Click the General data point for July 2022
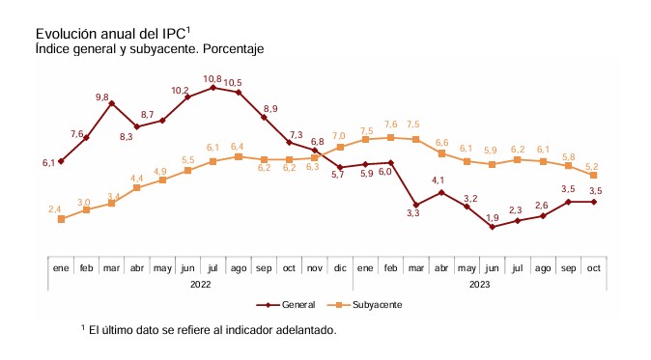[x=213, y=88]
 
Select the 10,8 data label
[x=212, y=79]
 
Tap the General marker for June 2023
[x=493, y=227]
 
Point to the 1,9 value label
[x=492, y=218]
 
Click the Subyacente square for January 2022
[x=62, y=219]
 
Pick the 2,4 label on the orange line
[x=54, y=209]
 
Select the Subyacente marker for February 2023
[x=390, y=137]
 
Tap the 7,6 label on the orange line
[x=390, y=125]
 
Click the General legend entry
[x=286, y=305]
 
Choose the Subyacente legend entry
[x=364, y=305]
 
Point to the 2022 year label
[x=201, y=285]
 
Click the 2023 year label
[x=479, y=285]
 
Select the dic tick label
[x=340, y=268]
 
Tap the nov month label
[x=314, y=268]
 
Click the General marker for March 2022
[x=112, y=103]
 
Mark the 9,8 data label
[x=102, y=97]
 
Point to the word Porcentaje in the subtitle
[x=234, y=49]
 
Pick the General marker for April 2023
[x=441, y=192]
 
